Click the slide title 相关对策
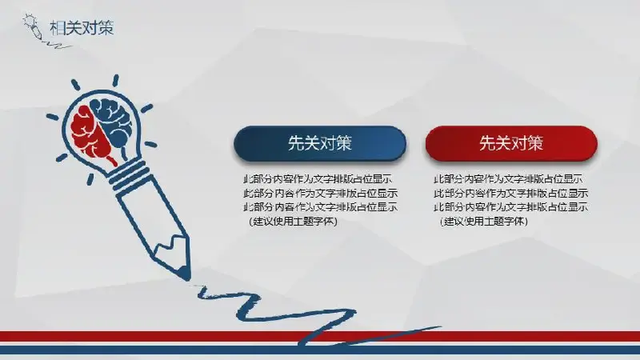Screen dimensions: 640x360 (x=82, y=28)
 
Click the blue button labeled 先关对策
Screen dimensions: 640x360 (x=319, y=143)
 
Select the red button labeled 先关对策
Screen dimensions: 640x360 (x=511, y=143)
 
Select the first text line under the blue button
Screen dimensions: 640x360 (x=318, y=178)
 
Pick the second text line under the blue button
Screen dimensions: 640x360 (x=321, y=193)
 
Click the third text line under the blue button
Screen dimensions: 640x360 (x=321, y=206)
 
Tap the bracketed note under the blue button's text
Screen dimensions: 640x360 (x=293, y=222)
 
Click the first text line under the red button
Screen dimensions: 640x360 (x=508, y=178)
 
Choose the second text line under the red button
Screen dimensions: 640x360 (x=511, y=193)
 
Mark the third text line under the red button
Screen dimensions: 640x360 (x=511, y=206)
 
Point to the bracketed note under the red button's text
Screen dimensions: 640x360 (x=484, y=222)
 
